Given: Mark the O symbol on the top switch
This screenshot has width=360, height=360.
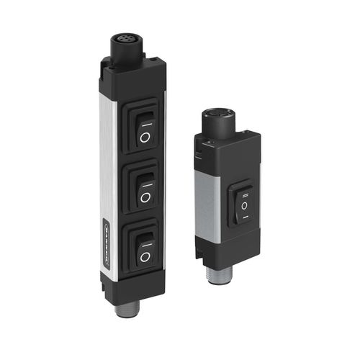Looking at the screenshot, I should (x=145, y=136).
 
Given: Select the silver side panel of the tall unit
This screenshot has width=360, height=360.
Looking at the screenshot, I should (x=107, y=166).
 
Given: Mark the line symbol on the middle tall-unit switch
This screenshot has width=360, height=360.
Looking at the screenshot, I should (x=145, y=177).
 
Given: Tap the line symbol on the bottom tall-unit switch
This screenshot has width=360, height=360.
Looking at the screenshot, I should (x=145, y=238).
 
